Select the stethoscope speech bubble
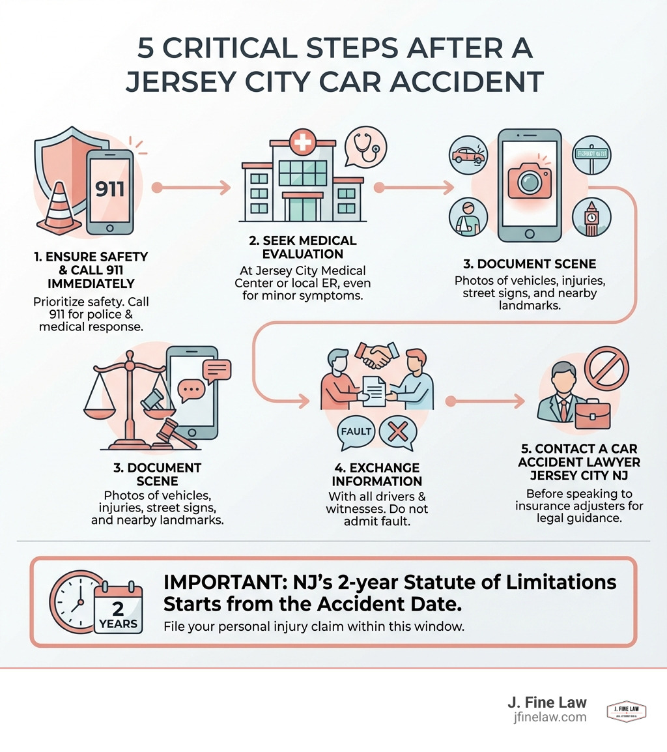[365, 147]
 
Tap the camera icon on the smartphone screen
[529, 182]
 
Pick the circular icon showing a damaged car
[469, 155]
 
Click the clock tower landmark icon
[591, 218]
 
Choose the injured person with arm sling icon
[468, 218]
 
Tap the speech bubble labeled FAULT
[356, 431]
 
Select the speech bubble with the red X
[397, 432]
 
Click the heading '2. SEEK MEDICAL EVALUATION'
[302, 248]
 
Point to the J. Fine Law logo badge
[626, 712]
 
